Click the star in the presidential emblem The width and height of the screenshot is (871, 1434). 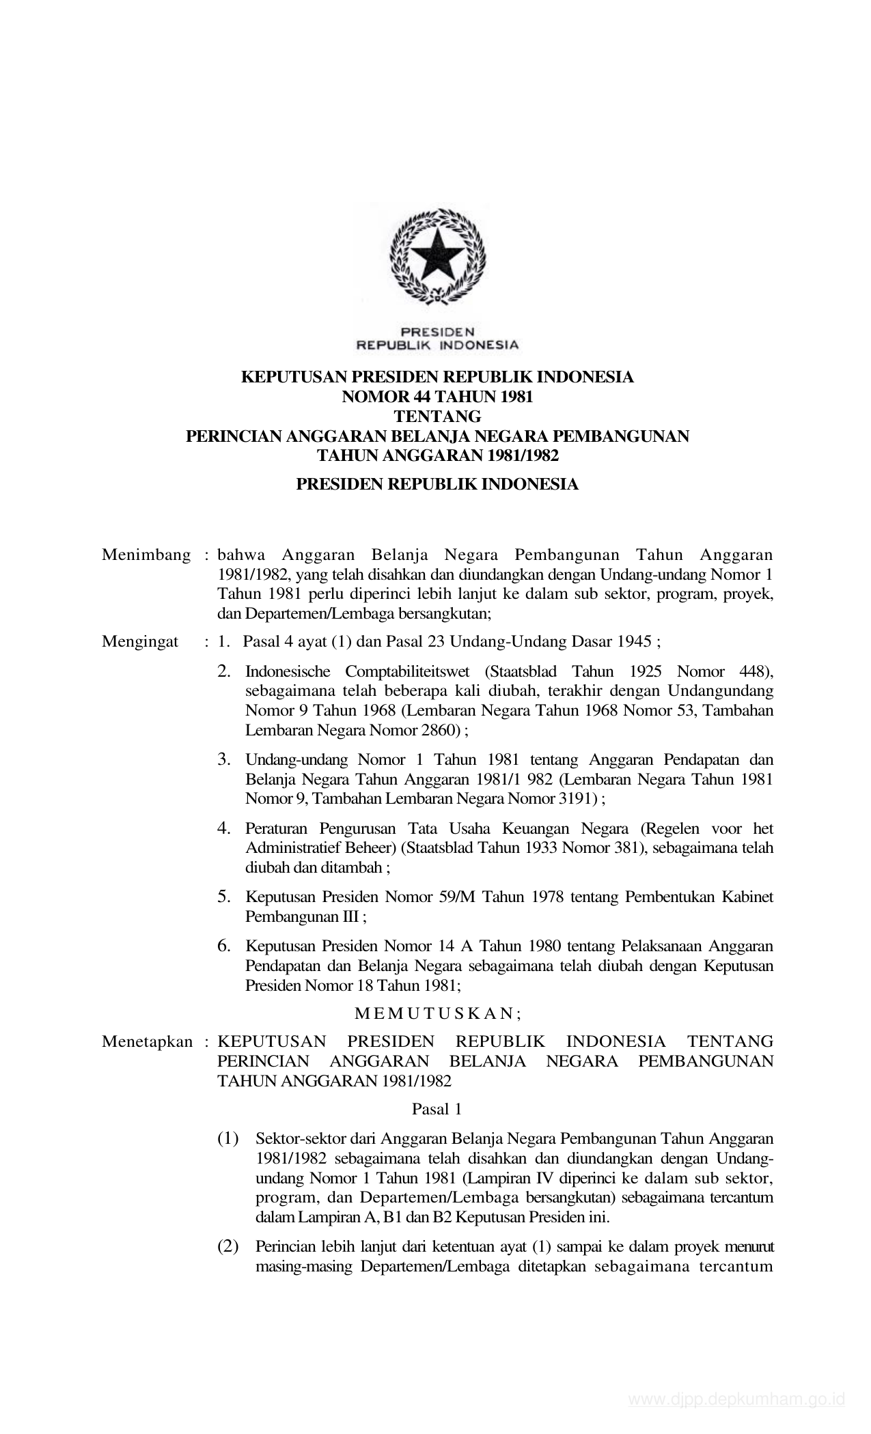(438, 253)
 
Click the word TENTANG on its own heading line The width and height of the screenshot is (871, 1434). (438, 416)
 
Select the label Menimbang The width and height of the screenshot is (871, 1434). (146, 554)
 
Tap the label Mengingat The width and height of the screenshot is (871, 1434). (140, 641)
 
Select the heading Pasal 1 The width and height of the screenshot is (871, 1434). (437, 1110)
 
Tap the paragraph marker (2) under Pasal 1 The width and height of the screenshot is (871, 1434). (228, 1246)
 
